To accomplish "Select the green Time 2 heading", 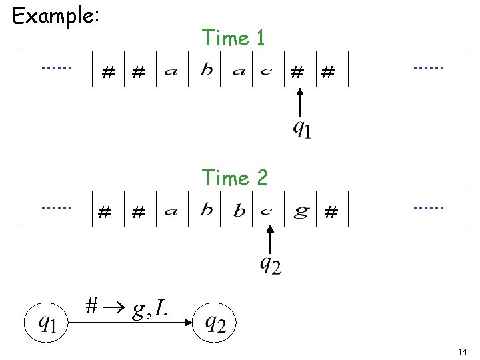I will tap(235, 178).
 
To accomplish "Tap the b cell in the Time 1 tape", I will tap(207, 70).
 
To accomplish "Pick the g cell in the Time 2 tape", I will tap(301, 211).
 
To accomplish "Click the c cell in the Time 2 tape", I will tap(266, 211).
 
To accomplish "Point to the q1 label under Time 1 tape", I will tap(301, 127).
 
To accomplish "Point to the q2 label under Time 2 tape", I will tap(269, 265).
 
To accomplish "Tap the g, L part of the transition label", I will tap(150, 308).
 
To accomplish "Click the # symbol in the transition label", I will tap(93, 306).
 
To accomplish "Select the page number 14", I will tap(463, 351).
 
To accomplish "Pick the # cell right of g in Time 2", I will tap(331, 213).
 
